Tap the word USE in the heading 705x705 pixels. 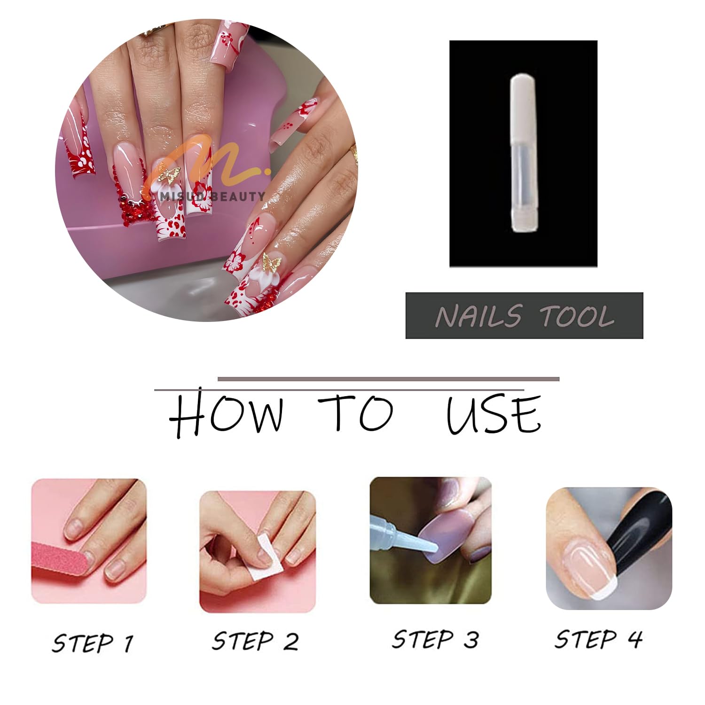click(x=493, y=414)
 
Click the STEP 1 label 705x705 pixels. click(x=93, y=643)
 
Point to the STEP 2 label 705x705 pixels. click(x=255, y=641)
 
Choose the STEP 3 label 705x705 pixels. click(x=435, y=639)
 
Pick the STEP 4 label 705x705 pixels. click(x=598, y=639)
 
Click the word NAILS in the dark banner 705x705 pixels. click(x=478, y=316)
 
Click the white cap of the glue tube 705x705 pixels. click(x=523, y=109)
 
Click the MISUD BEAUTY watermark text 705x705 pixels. click(x=212, y=196)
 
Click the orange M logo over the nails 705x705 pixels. click(x=207, y=162)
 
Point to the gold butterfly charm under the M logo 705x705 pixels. click(x=170, y=174)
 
